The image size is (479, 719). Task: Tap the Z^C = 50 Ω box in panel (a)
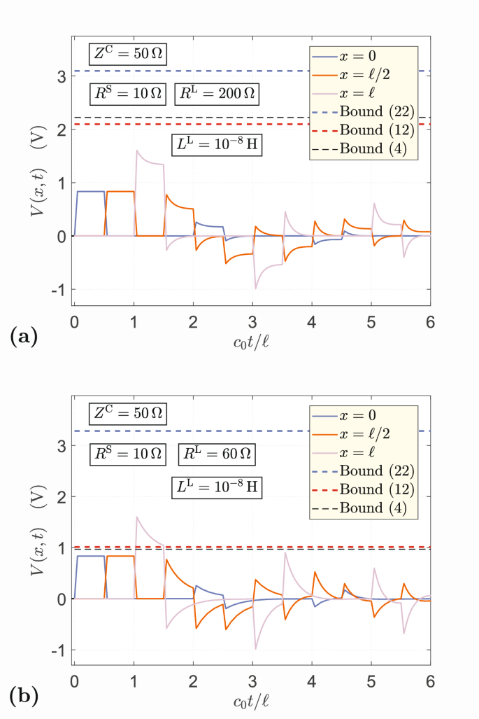click(x=127, y=53)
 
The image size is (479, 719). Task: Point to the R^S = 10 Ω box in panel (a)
click(x=127, y=94)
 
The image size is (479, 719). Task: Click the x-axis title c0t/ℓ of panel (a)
click(x=252, y=344)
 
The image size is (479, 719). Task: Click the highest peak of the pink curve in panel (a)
click(x=137, y=150)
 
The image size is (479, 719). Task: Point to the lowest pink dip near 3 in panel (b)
click(x=255, y=649)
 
